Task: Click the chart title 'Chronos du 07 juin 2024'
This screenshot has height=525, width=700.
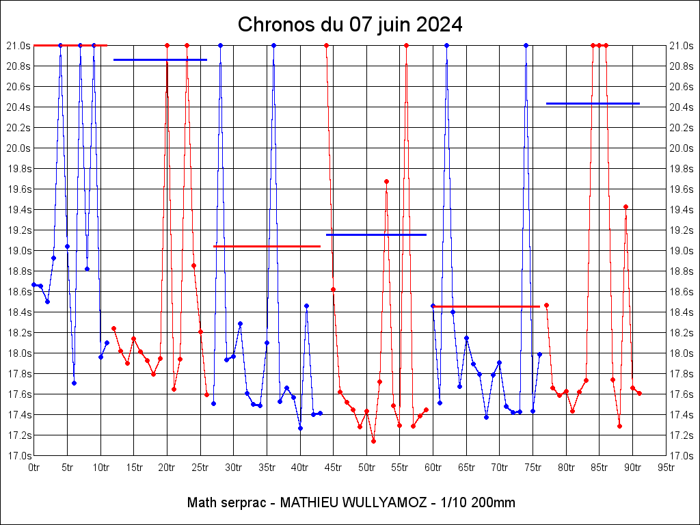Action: pyautogui.click(x=350, y=25)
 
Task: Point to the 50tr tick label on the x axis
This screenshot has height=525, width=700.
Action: pyautogui.click(x=367, y=468)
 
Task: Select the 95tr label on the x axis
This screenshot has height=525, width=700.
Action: pyautogui.click(x=666, y=468)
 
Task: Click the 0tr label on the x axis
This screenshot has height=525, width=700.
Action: pyautogui.click(x=33, y=468)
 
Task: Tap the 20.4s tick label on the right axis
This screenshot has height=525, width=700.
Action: pyautogui.click(x=681, y=107)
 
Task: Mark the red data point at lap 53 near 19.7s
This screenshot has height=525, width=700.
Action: pyautogui.click(x=386, y=181)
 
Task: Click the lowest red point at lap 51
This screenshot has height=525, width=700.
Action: pyautogui.click(x=373, y=441)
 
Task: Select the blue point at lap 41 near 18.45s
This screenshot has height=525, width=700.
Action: pyautogui.click(x=306, y=306)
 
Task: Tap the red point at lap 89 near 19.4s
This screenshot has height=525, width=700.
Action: pyautogui.click(x=625, y=206)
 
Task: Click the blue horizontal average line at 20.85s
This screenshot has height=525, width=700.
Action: pyautogui.click(x=160, y=60)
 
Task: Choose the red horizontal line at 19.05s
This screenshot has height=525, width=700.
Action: pyautogui.click(x=267, y=246)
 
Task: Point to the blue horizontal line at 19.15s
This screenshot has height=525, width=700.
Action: pyautogui.click(x=376, y=234)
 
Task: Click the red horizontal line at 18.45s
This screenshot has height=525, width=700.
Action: pyautogui.click(x=487, y=306)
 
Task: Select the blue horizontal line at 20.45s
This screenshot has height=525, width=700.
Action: pyautogui.click(x=593, y=103)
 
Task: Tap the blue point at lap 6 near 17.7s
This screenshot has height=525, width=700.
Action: pyautogui.click(x=74, y=383)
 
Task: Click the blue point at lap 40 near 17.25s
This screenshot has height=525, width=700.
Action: pyautogui.click(x=300, y=428)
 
